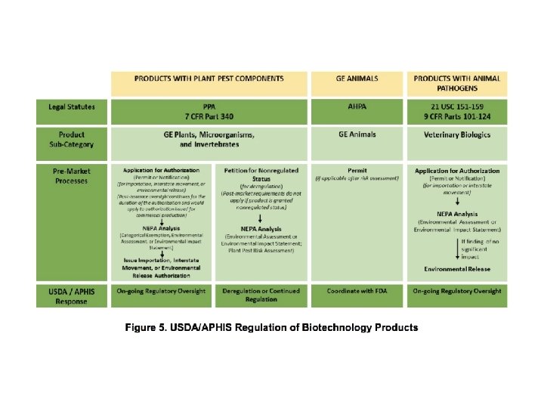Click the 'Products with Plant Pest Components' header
[209, 78]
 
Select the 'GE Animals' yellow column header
[357, 78]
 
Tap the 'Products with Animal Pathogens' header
[457, 82]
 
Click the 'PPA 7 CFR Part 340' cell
[209, 112]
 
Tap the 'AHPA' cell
[357, 107]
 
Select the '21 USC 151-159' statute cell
[457, 107]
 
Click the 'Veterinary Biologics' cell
[457, 134]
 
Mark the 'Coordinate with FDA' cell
[357, 291]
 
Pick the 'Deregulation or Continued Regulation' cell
[261, 295]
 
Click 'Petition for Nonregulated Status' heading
[261, 175]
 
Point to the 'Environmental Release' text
[457, 269]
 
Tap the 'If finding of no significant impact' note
[479, 249]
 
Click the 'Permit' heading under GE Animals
[357, 171]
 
